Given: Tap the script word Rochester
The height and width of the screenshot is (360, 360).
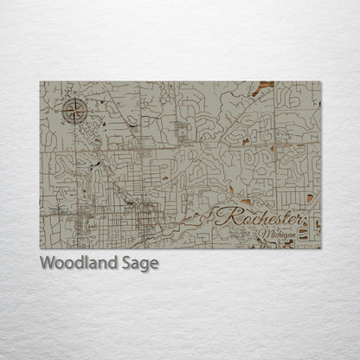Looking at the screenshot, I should point(259,217).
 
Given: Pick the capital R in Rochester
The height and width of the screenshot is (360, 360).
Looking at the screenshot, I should point(227,217).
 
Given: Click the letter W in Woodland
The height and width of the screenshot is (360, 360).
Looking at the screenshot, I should point(47,264).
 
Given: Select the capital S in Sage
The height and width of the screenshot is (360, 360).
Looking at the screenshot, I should point(126,264).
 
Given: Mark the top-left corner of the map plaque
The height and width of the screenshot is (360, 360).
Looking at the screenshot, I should point(40,82).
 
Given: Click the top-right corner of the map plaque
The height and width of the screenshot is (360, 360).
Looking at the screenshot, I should point(320,82).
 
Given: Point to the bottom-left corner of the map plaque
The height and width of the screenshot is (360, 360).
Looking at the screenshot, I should point(40,248).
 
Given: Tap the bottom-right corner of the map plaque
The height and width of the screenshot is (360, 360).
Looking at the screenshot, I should point(320,248).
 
